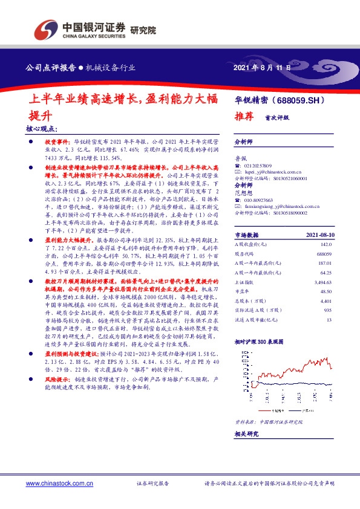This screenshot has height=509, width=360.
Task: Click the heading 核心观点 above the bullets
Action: [42, 128]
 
